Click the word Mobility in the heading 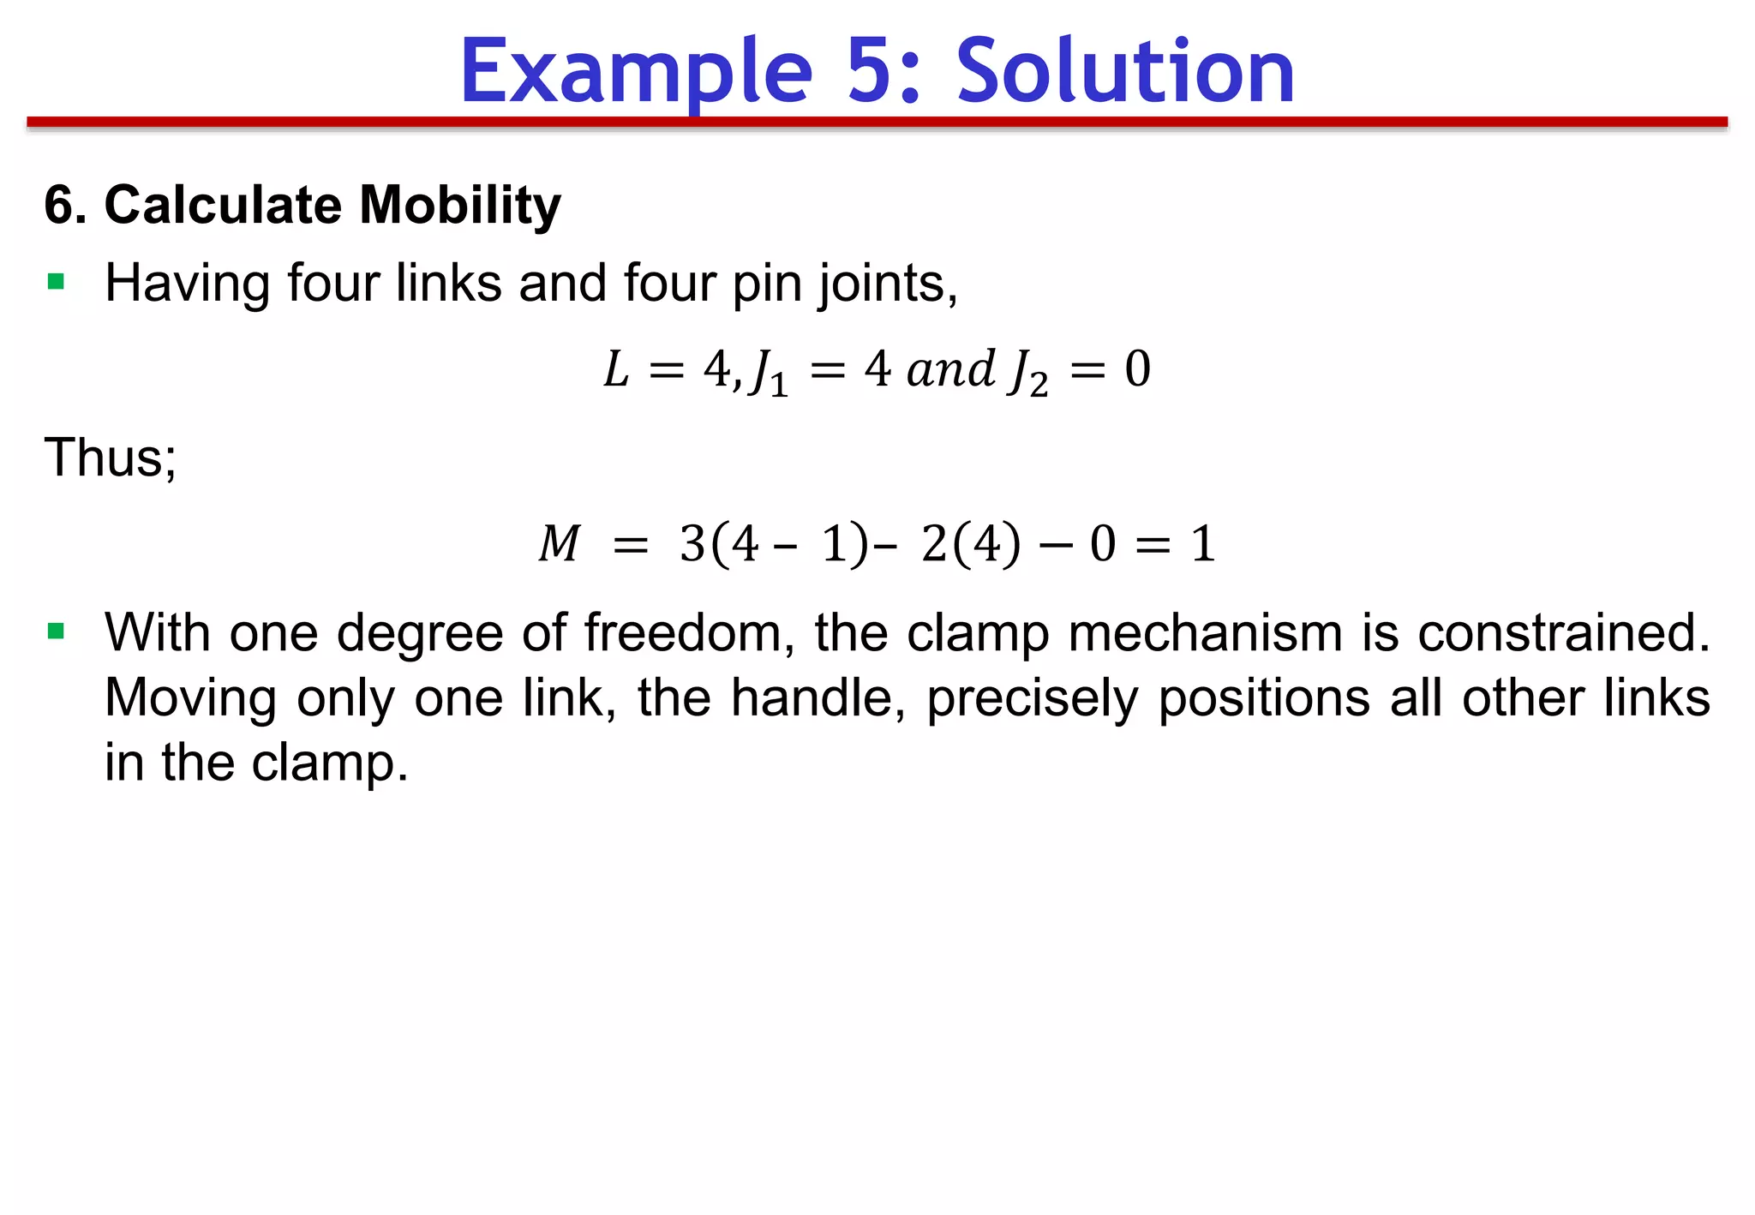(x=460, y=206)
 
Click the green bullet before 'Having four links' (x=57, y=282)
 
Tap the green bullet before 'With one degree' (x=57, y=632)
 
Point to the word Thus (x=110, y=458)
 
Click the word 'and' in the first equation (x=950, y=370)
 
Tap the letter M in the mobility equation (x=560, y=544)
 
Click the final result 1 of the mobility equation (x=1203, y=544)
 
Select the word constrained (x=1563, y=633)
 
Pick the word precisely (x=1033, y=699)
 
